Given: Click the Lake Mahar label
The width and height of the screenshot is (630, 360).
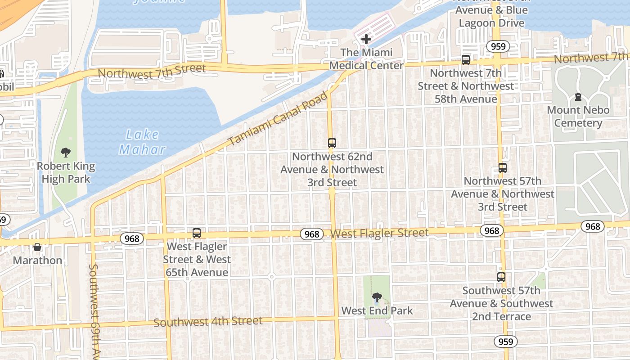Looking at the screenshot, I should coord(142,142).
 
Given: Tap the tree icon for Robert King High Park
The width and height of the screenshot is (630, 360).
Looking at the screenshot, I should coord(66,153).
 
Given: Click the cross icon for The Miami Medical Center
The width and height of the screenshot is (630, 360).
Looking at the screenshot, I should coord(366,39).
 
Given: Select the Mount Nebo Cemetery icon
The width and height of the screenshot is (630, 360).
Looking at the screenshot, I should coord(578,97).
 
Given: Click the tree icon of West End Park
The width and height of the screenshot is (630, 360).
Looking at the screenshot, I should coord(377,297).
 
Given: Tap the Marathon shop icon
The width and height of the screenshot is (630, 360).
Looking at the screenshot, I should coord(37,247).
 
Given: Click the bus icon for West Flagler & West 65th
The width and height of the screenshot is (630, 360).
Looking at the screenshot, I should coord(197,233).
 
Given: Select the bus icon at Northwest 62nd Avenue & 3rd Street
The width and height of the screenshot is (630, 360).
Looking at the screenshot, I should coord(332,143).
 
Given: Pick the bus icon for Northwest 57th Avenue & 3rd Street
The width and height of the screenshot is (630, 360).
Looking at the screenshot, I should coord(503,168).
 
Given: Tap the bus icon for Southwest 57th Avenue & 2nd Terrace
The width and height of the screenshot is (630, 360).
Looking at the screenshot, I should coord(501,277).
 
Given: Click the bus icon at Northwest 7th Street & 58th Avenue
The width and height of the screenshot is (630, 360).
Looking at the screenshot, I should coord(466,59).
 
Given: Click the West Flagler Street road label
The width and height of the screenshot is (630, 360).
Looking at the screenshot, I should coord(379,233).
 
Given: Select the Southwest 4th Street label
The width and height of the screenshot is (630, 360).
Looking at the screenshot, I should coord(208,321).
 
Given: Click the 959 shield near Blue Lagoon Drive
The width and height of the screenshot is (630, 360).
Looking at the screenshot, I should coord(498,46).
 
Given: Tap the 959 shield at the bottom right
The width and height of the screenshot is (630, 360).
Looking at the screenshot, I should coord(506,342).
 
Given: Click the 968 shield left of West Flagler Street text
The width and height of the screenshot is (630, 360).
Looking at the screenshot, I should coord(312,234).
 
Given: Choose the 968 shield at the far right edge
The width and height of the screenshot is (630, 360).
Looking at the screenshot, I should coord(593,226).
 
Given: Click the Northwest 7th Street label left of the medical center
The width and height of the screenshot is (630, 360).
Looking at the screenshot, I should coord(152,71).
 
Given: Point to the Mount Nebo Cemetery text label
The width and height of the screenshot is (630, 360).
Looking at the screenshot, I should coord(578,117).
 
